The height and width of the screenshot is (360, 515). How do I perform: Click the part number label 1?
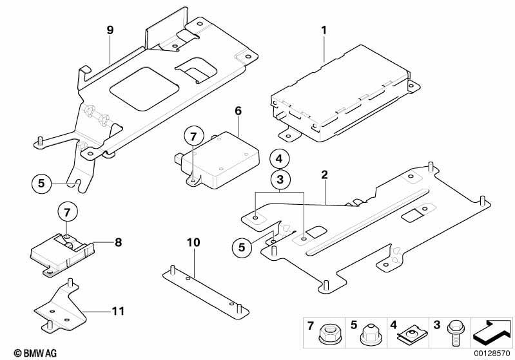pyautogui.click(x=324, y=30)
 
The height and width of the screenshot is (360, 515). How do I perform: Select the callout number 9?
pyautogui.click(x=110, y=30)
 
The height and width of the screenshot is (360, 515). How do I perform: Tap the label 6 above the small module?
pyautogui.click(x=238, y=111)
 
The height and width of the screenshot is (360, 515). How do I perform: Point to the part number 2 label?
pyautogui.click(x=324, y=174)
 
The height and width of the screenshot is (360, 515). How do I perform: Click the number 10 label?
pyautogui.click(x=193, y=243)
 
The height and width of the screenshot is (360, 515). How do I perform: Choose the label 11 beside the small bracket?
pyautogui.click(x=117, y=312)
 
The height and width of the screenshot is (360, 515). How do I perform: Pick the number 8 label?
pyautogui.click(x=118, y=243)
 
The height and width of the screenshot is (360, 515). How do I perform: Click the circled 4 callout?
pyautogui.click(x=280, y=158)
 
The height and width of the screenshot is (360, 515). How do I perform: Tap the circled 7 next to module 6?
pyautogui.click(x=193, y=136)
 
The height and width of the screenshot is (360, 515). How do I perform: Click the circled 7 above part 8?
pyautogui.click(x=66, y=210)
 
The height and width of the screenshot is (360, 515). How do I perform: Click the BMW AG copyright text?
pyautogui.click(x=23, y=353)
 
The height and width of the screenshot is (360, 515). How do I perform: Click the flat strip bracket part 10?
pyautogui.click(x=203, y=291)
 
